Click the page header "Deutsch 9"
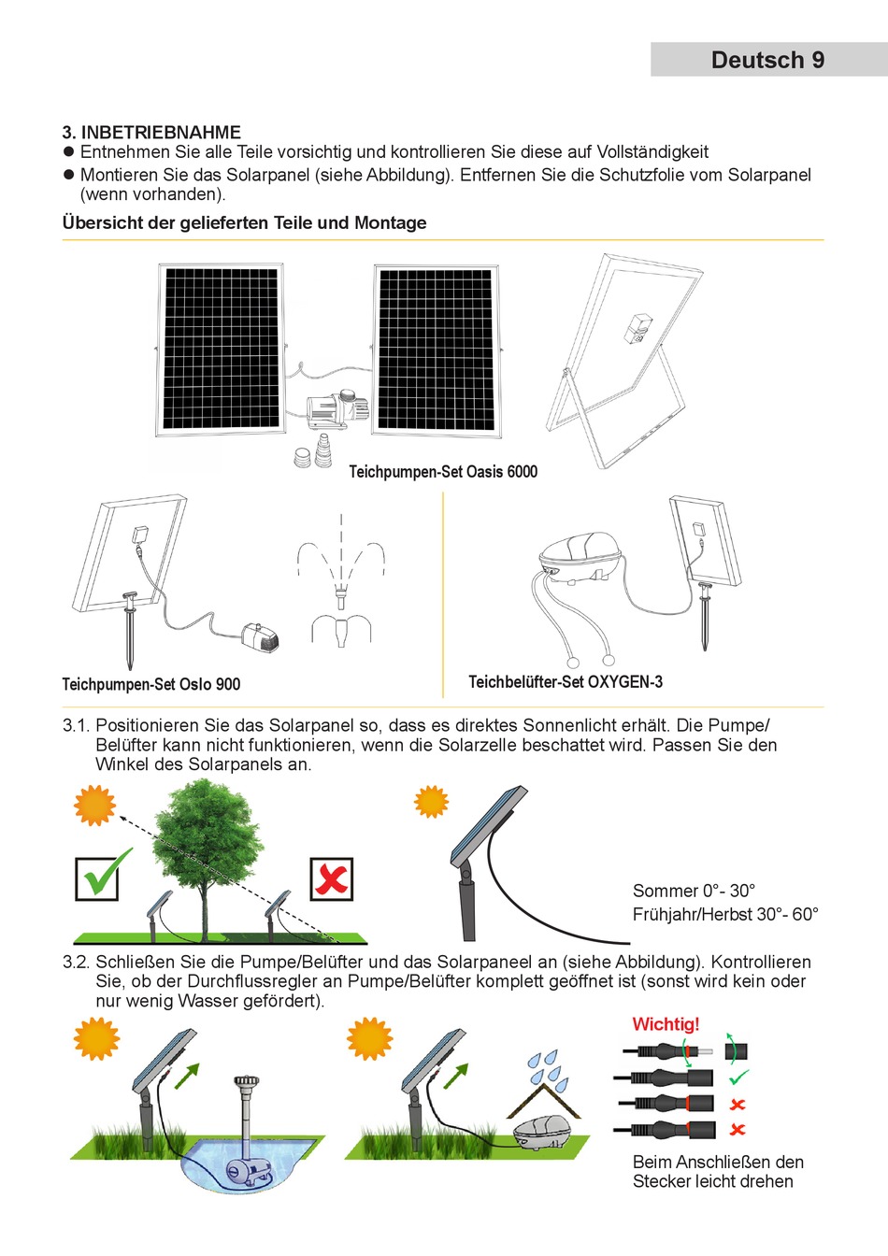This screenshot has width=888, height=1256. pos(767,60)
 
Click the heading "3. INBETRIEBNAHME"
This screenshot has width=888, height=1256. pos(151,132)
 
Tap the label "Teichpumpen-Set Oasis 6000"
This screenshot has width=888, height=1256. pos(443,472)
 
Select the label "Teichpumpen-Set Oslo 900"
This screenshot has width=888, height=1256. pos(150,684)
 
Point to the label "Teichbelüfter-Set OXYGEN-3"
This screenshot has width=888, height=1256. pos(566,682)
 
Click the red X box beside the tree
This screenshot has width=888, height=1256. pos(331,878)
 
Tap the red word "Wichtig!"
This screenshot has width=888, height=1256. pos(666,1024)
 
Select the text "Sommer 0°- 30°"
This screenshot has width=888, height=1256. pos(694,891)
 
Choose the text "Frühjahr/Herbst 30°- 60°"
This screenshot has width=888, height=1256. pos(725,914)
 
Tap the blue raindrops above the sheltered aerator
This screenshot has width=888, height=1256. pos(549,1071)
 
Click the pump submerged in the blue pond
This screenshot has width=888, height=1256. pos(246,1167)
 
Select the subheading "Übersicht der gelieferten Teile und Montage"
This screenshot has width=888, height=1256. pos(244,222)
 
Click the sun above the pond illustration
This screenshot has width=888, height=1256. pos(96,1038)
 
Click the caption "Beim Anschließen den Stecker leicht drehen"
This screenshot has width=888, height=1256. pos(718,1172)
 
